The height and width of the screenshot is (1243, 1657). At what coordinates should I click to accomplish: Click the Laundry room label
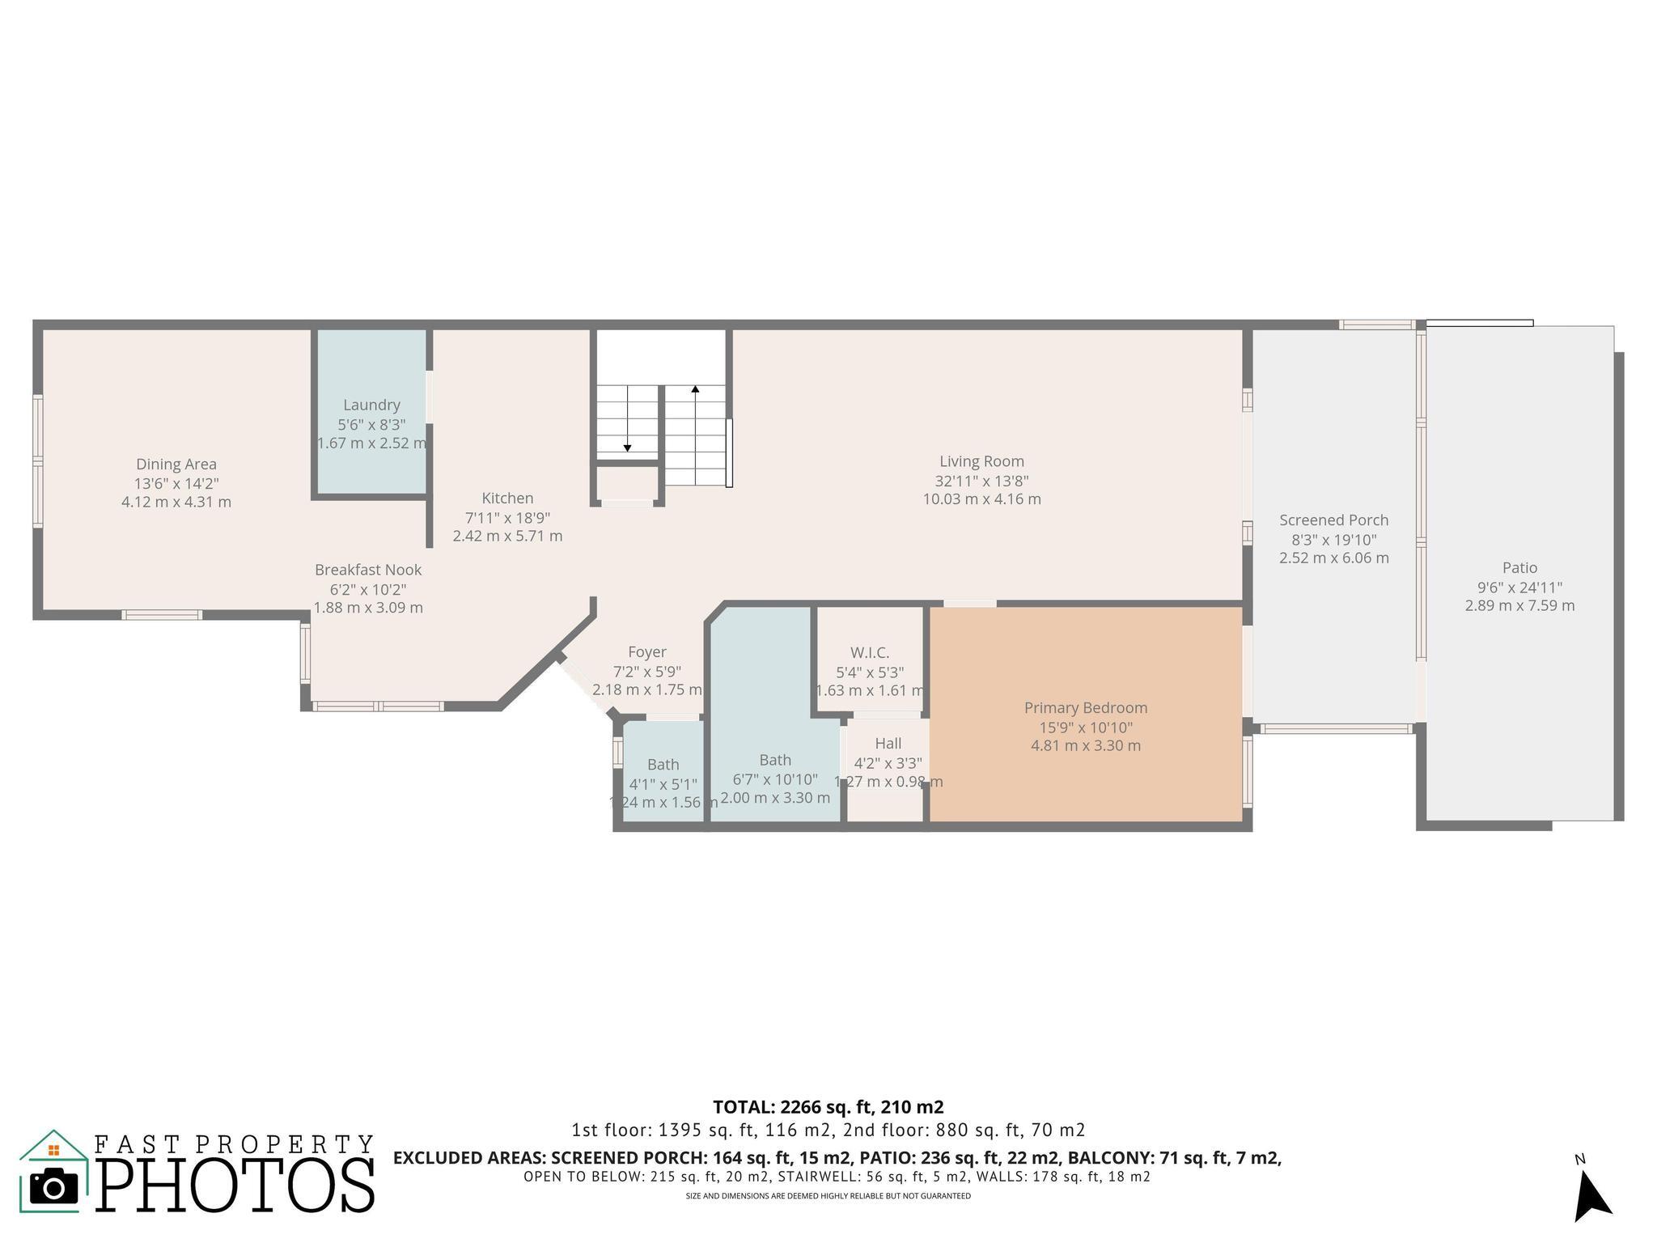(371, 405)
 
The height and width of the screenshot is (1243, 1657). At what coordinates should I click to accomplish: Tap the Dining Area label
(176, 464)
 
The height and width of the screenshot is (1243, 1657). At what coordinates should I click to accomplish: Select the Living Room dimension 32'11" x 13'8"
(981, 481)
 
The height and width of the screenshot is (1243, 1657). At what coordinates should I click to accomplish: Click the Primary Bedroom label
(1085, 708)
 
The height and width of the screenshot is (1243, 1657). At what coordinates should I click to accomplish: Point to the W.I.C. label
(870, 652)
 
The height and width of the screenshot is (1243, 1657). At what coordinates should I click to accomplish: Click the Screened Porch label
(1333, 520)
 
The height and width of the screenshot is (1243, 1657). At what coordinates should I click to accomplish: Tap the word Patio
(1519, 568)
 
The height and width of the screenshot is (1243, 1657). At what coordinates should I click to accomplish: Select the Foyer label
(647, 652)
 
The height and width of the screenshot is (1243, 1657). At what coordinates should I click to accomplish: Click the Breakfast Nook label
(368, 570)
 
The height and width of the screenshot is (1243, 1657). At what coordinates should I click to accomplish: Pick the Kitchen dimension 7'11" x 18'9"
(507, 517)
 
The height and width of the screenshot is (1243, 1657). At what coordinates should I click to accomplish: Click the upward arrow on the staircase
(695, 390)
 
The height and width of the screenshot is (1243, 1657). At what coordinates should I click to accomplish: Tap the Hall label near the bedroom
(888, 743)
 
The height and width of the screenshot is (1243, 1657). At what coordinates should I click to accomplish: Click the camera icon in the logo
(53, 1188)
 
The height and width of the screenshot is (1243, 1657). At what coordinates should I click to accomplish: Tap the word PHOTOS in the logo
(235, 1186)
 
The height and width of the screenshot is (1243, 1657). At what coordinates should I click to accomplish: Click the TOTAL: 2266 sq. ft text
(828, 1107)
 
